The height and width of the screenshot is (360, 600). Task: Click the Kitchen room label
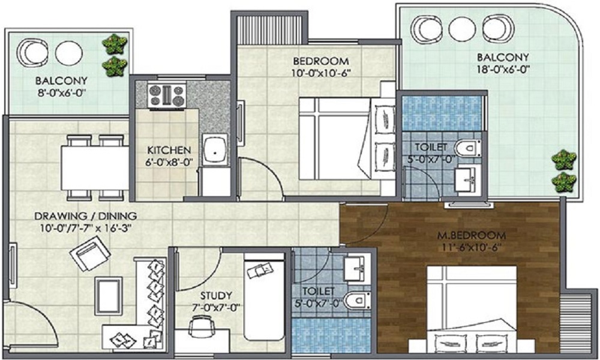click(x=169, y=150)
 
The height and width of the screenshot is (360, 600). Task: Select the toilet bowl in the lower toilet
click(x=359, y=298)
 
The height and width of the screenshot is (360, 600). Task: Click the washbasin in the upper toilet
click(x=466, y=178)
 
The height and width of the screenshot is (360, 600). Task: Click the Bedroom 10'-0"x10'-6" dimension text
click(x=321, y=73)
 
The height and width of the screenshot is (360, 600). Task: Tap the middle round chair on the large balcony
click(x=462, y=29)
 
